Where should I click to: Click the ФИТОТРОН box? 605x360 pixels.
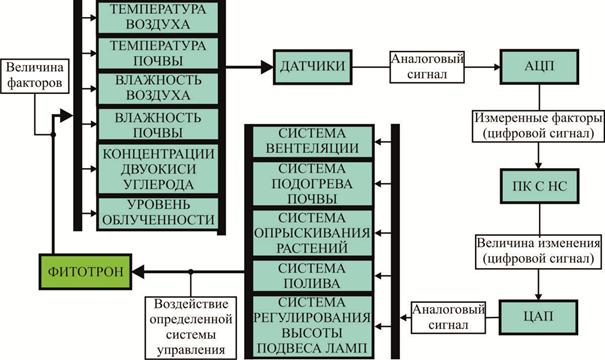pyautogui.click(x=85, y=272)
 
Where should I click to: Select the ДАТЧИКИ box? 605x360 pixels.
pyautogui.click(x=313, y=67)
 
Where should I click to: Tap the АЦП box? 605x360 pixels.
pyautogui.click(x=539, y=67)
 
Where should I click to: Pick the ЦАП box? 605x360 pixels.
pyautogui.click(x=539, y=317)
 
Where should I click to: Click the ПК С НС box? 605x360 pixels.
pyautogui.click(x=539, y=186)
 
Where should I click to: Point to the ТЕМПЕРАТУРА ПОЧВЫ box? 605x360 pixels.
pyautogui.click(x=158, y=53)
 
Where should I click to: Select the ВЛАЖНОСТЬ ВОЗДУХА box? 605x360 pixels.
pyautogui.click(x=158, y=88)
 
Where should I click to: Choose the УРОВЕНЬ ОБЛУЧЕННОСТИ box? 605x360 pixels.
pyautogui.click(x=158, y=213)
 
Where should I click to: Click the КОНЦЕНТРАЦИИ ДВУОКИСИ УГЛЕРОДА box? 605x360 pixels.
pyautogui.click(x=158, y=169)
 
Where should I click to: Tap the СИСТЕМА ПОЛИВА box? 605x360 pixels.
pyautogui.click(x=312, y=275)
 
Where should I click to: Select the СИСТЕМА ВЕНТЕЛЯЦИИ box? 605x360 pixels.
pyautogui.click(x=312, y=141)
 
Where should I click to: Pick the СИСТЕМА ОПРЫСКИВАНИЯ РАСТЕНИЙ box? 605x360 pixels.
pyautogui.click(x=312, y=233)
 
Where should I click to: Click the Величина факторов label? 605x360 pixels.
pyautogui.click(x=35, y=76)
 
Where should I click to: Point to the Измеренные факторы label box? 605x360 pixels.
pyautogui.click(x=538, y=126)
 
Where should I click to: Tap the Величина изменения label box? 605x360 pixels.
pyautogui.click(x=539, y=252)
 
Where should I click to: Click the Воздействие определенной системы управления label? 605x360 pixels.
pyautogui.click(x=191, y=328)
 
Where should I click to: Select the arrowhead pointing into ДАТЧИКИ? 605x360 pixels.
pyautogui.click(x=267, y=67)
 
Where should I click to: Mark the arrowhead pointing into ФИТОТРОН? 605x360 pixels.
pyautogui.click(x=138, y=272)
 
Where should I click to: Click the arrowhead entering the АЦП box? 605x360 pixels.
pyautogui.click(x=496, y=67)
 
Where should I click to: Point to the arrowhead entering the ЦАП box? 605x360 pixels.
pyautogui.click(x=538, y=296)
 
